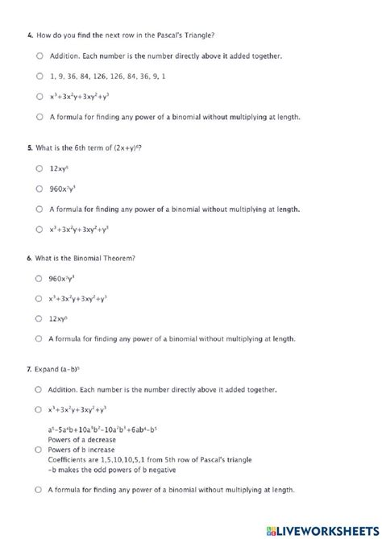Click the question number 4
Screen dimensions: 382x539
pyautogui.click(x=29, y=36)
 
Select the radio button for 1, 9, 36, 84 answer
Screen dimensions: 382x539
pyautogui.click(x=39, y=77)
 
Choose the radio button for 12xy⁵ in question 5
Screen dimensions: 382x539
pyautogui.click(x=39, y=168)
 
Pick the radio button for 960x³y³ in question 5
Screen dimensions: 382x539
pyautogui.click(x=39, y=189)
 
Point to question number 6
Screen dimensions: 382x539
pyautogui.click(x=29, y=258)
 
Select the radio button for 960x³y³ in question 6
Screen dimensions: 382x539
pyautogui.click(x=39, y=278)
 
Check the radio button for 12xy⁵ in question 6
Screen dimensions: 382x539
pyautogui.click(x=39, y=319)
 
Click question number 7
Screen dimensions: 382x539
pyautogui.click(x=29, y=369)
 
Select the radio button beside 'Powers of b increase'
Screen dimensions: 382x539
pyautogui.click(x=39, y=450)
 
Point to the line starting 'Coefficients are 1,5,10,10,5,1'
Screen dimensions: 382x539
pyautogui.click(x=146, y=459)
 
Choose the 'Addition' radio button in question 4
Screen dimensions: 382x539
pyautogui.click(x=39, y=56)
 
